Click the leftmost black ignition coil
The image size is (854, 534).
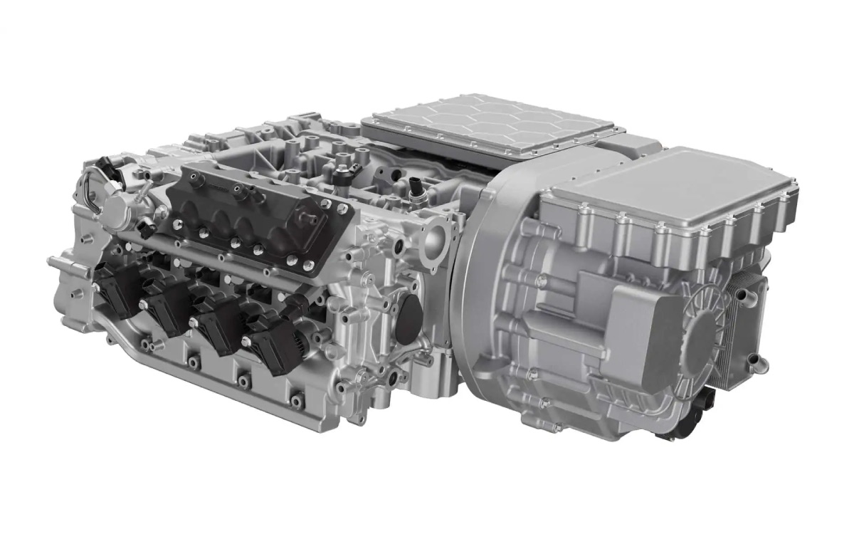coord(117,288)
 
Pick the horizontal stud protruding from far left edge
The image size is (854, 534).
coord(57,263)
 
